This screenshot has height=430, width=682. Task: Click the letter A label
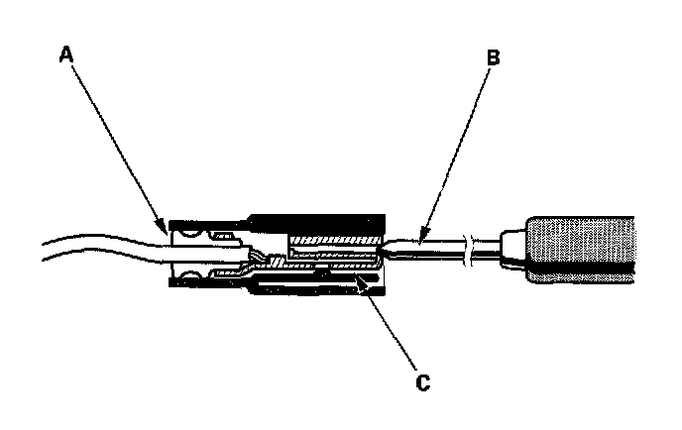point(66,56)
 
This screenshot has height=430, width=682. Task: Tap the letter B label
point(494,56)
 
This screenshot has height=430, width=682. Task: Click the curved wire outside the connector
point(89,247)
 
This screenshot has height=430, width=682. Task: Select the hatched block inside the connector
point(332,242)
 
